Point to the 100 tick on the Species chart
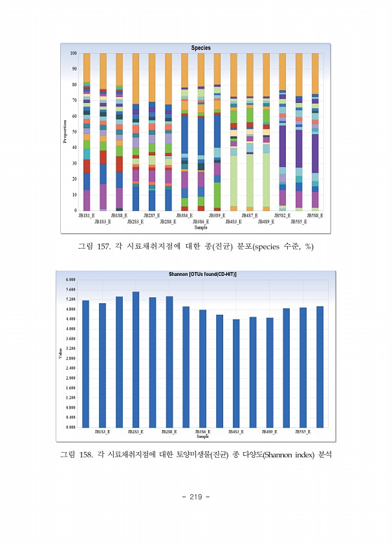(74, 53)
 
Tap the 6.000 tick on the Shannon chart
(71, 279)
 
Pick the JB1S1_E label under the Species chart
(86, 216)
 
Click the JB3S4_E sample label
(184, 216)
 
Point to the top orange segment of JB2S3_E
(135, 78)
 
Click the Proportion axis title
(65, 131)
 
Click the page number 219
(195, 497)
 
